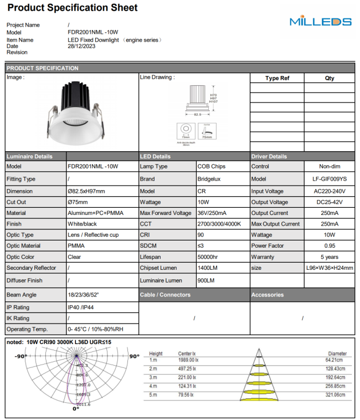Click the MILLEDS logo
pos(320,22)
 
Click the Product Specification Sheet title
pos(72,8)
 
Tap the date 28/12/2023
pos(81,46)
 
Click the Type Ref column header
pos(277,78)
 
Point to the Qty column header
pos(330,78)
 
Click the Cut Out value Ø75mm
pos(79,202)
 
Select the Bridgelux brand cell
pos(209,179)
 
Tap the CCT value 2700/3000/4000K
pos(219,224)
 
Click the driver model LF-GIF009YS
pos(330,179)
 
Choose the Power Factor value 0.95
pos(330,246)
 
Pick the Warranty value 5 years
pos(330,257)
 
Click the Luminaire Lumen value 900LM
pos(206,280)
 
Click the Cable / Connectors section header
pos(165,295)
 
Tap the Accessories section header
pos(268,295)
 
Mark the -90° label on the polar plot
pos(21,356)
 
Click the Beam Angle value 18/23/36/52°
pos(84,295)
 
